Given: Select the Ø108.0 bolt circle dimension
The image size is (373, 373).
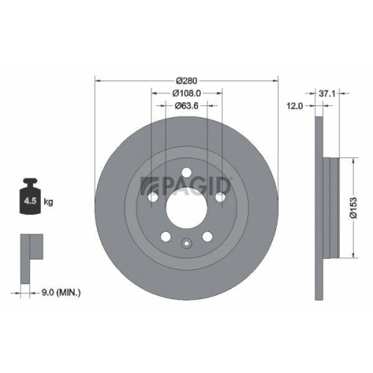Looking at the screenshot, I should pos(186,93).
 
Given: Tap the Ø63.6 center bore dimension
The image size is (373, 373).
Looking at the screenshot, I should pos(186,106).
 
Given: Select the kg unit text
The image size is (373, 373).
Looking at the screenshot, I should pos(49,201).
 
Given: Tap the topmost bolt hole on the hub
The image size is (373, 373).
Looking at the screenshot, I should pos(186,172).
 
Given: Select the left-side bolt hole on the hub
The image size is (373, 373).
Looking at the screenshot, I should pos(153,196).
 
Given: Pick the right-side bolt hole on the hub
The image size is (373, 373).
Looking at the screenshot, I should pos(220,196).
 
